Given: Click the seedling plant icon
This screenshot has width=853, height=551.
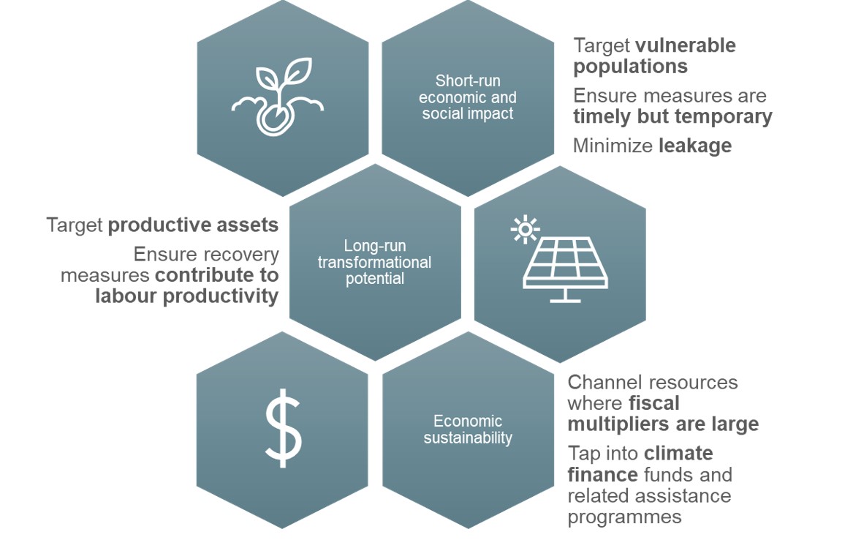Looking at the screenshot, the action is pos(278,97).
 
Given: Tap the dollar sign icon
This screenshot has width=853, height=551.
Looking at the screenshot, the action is pos(283,429).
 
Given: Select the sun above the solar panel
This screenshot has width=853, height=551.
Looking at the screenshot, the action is pos(525,229).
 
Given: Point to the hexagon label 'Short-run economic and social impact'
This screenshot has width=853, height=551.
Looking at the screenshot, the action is pos(468,97).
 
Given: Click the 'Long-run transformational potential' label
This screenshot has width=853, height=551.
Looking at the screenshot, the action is pos(375,262).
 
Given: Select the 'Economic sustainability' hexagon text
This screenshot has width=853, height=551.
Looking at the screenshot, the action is pos(468,429).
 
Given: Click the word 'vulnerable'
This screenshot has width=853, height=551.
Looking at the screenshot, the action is pos(686,45).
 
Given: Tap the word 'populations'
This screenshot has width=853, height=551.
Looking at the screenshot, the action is pos(631,67).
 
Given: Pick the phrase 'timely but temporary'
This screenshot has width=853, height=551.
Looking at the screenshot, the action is pos(673,116).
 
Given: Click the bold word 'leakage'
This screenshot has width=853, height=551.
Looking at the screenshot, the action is pos(695,146).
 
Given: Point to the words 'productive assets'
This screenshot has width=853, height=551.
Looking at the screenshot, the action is pos(193,225).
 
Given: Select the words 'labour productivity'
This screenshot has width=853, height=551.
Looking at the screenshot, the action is pos(186,296).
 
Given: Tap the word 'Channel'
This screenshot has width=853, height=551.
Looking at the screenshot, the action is pos(603,382).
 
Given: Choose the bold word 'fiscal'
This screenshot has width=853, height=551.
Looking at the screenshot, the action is pos(654,403).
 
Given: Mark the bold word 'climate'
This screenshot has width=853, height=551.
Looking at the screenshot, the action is pos(678,454).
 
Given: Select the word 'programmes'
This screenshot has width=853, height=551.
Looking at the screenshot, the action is pos(624,517).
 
